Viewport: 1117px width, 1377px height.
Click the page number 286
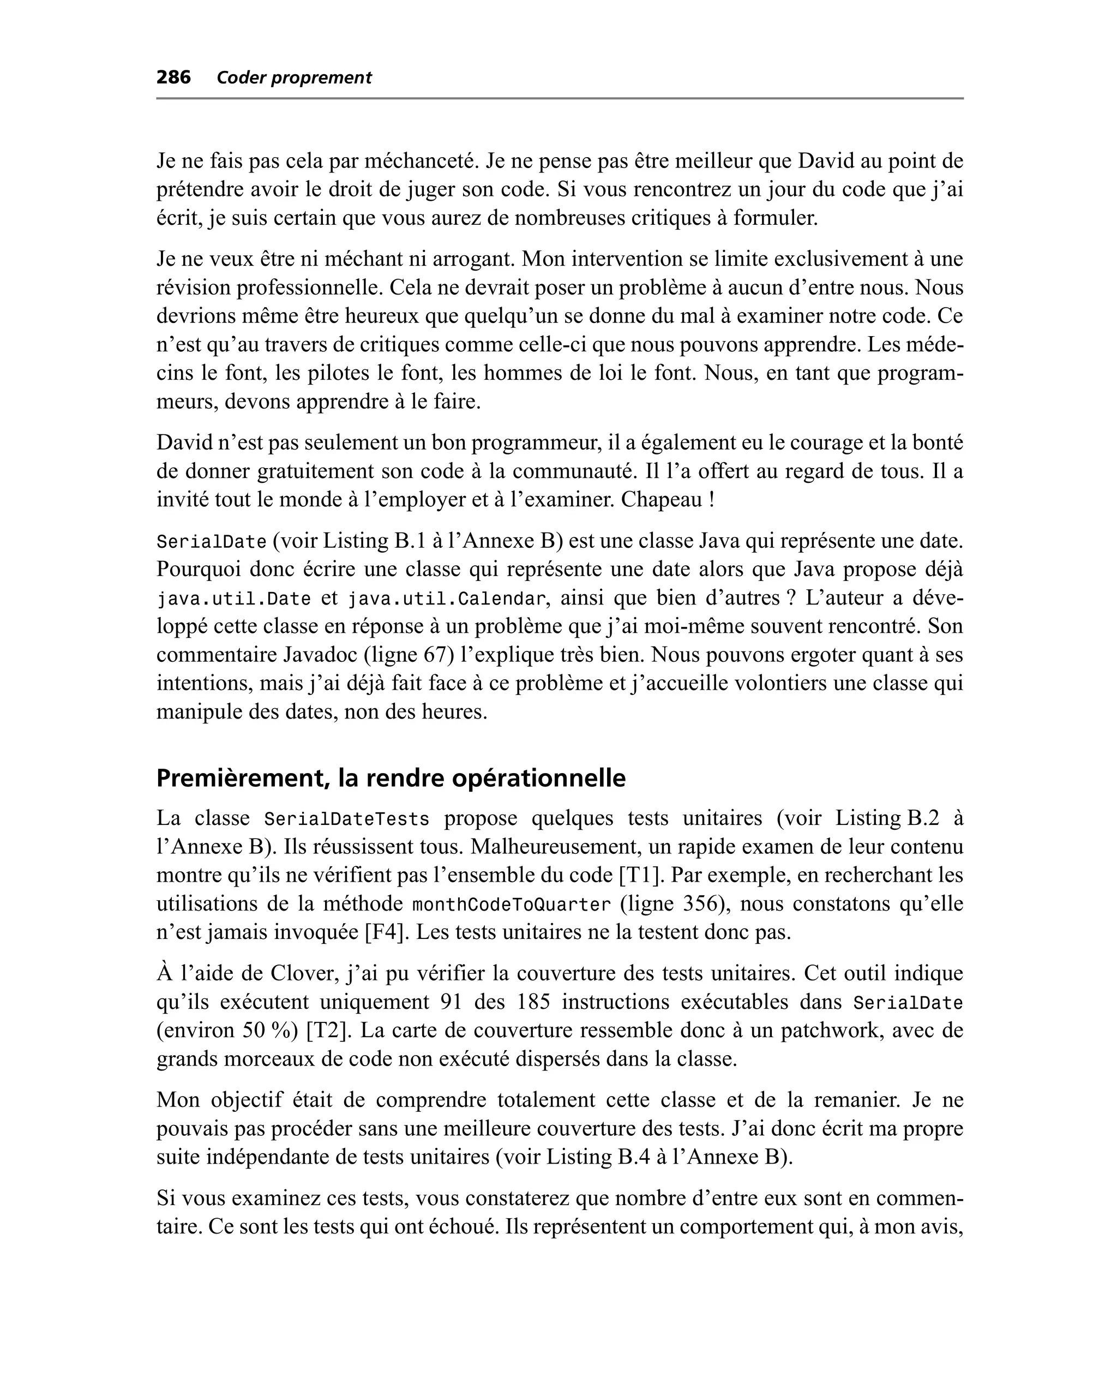tap(174, 77)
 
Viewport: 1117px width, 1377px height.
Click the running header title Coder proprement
tap(294, 78)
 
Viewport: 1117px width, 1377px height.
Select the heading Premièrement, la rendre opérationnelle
tap(391, 779)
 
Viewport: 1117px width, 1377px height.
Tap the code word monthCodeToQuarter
tap(511, 905)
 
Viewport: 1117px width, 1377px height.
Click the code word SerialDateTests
tap(347, 819)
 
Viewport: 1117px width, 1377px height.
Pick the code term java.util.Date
tap(234, 599)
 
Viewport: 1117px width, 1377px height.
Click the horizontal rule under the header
tap(560, 98)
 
